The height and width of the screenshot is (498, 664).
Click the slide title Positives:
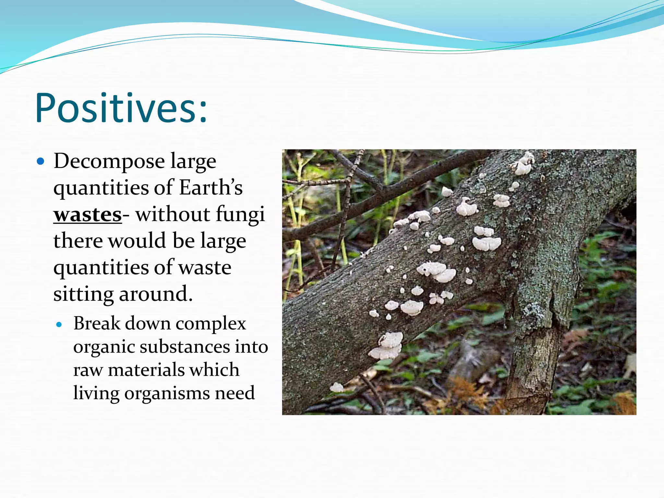pos(121,108)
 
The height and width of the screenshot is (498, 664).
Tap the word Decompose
pos(109,161)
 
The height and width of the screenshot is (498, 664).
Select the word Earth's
pos(211,187)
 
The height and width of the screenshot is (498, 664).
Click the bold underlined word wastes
pos(88,214)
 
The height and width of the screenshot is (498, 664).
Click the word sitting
pos(83,294)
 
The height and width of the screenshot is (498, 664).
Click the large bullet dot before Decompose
pos(41,161)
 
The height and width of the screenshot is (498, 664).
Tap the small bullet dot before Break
pos(59,324)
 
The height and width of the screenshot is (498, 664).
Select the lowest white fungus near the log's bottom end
pos(336,387)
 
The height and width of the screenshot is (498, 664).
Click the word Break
pos(97,324)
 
